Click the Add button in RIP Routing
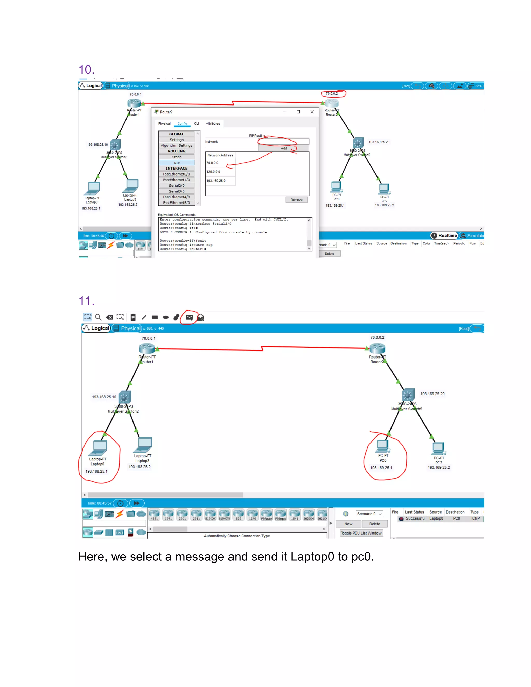click(x=283, y=148)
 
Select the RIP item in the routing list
click(x=177, y=163)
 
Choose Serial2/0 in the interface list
click(x=177, y=186)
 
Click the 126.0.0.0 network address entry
click(x=213, y=172)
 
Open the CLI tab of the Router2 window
click(x=196, y=124)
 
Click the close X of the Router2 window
click(x=312, y=112)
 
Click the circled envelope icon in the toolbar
click(x=189, y=317)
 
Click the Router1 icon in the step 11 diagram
click(x=147, y=348)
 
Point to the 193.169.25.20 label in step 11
click(x=432, y=394)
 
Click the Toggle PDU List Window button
click(x=361, y=533)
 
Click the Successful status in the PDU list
click(x=415, y=518)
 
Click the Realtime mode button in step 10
click(x=444, y=236)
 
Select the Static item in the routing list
click(x=177, y=157)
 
